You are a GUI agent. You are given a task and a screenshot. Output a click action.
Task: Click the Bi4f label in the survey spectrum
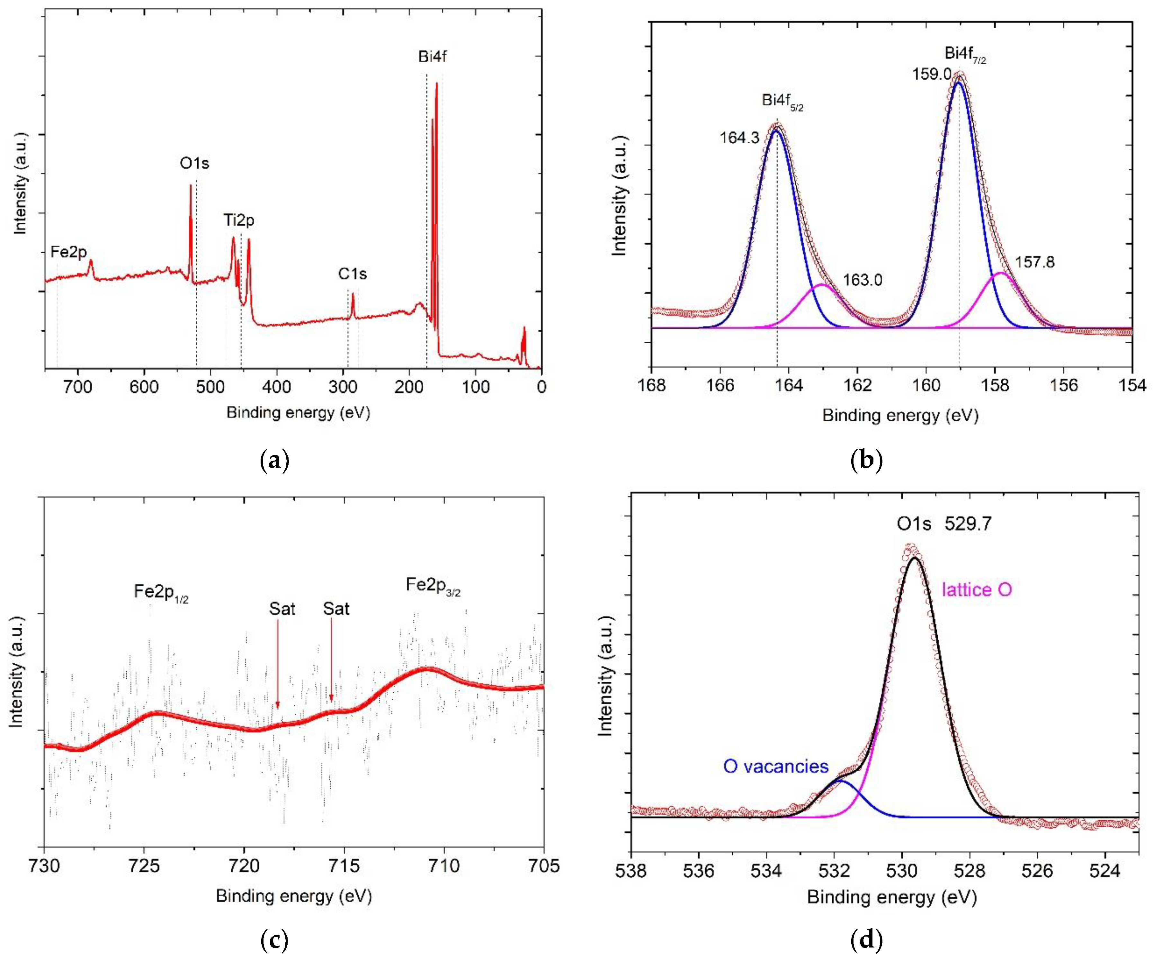click(432, 57)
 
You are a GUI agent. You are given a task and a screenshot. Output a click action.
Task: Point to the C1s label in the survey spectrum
click(352, 274)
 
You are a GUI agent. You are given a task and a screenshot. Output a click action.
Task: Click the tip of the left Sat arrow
click(278, 708)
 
